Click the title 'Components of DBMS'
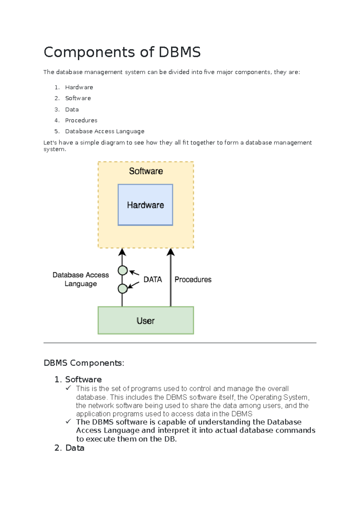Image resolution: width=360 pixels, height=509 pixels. click(x=122, y=52)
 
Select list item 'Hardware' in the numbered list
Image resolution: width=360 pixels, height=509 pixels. click(x=79, y=87)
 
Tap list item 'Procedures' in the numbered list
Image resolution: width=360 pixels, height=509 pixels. click(x=81, y=120)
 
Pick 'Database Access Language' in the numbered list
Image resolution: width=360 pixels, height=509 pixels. click(x=105, y=131)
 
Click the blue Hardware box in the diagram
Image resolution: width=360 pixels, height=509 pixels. click(x=145, y=205)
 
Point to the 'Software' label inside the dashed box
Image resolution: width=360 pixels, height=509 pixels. click(x=146, y=171)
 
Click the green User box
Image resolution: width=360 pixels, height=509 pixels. click(x=146, y=320)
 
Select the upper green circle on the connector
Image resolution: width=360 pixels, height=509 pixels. click(x=123, y=270)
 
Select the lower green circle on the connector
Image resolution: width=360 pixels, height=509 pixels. click(x=123, y=288)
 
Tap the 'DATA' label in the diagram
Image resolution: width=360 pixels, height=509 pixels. click(x=152, y=279)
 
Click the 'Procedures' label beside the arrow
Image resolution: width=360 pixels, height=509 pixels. click(x=193, y=279)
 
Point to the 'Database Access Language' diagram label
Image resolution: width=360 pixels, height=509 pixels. click(x=81, y=279)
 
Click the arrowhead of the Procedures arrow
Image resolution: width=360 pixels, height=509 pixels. click(x=171, y=252)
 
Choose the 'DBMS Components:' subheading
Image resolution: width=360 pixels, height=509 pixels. click(x=84, y=363)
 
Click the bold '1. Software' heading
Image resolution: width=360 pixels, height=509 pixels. click(x=78, y=379)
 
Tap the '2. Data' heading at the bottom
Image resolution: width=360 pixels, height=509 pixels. click(x=70, y=448)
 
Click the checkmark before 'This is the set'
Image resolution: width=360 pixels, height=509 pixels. click(x=68, y=388)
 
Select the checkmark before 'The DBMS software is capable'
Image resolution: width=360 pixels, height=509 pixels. click(x=68, y=422)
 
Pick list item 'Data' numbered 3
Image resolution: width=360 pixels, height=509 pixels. click(x=72, y=110)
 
